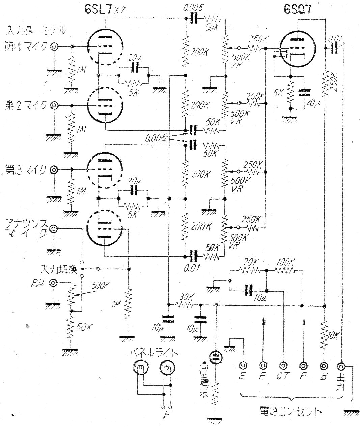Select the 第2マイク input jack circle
(x=54, y=106)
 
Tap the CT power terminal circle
(x=283, y=366)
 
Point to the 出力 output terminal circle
(x=341, y=366)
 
